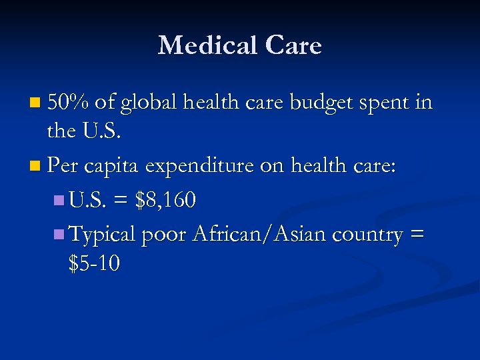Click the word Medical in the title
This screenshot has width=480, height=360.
coord(207,45)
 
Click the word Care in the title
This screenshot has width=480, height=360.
coord(293,45)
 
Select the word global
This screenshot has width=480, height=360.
coord(150,103)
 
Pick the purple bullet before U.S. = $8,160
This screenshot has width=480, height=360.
coord(58,200)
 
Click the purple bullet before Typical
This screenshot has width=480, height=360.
coord(58,234)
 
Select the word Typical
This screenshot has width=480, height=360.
coord(103,235)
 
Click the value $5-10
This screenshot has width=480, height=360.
coord(94,264)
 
